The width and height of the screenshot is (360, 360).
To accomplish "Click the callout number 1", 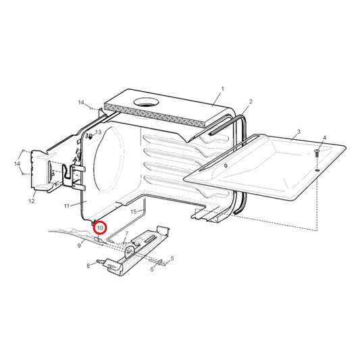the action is [222, 89].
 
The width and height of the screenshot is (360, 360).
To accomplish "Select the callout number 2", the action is [251, 101].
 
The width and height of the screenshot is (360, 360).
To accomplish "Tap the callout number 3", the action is [299, 132].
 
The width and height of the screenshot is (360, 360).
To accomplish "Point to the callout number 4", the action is [324, 138].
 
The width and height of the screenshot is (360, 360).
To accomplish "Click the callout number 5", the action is [172, 258].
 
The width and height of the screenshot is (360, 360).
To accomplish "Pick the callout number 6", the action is [152, 269].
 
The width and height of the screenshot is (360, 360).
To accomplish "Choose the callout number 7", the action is [127, 234].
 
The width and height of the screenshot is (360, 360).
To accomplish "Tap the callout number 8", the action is [88, 266].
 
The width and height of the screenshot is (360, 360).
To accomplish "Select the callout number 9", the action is [79, 246].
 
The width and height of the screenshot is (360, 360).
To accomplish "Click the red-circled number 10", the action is [100, 228].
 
